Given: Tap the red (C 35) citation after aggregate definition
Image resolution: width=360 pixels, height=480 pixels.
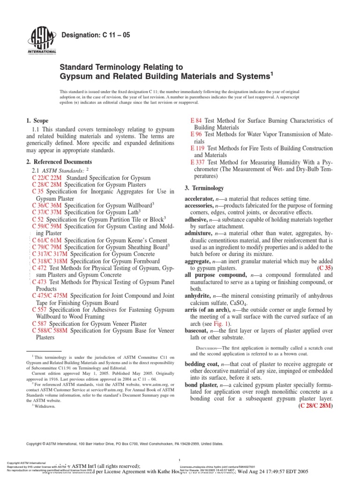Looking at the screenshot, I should pyautogui.click(x=325, y=268).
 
